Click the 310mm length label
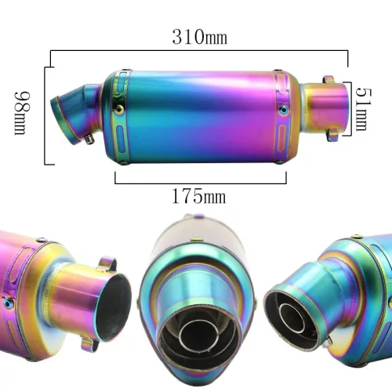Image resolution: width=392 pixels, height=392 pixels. coord(200,37)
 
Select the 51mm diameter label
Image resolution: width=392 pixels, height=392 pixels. coord(364,109)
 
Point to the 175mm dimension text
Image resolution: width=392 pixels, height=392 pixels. coord(198,196)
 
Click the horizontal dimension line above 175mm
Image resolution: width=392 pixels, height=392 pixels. coord(201,183)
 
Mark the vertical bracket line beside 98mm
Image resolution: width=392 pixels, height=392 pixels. coord(45,116)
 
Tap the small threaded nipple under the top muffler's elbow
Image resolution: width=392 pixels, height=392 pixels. coord(90,140)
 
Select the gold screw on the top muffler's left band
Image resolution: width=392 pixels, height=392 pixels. coord(120,108)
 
